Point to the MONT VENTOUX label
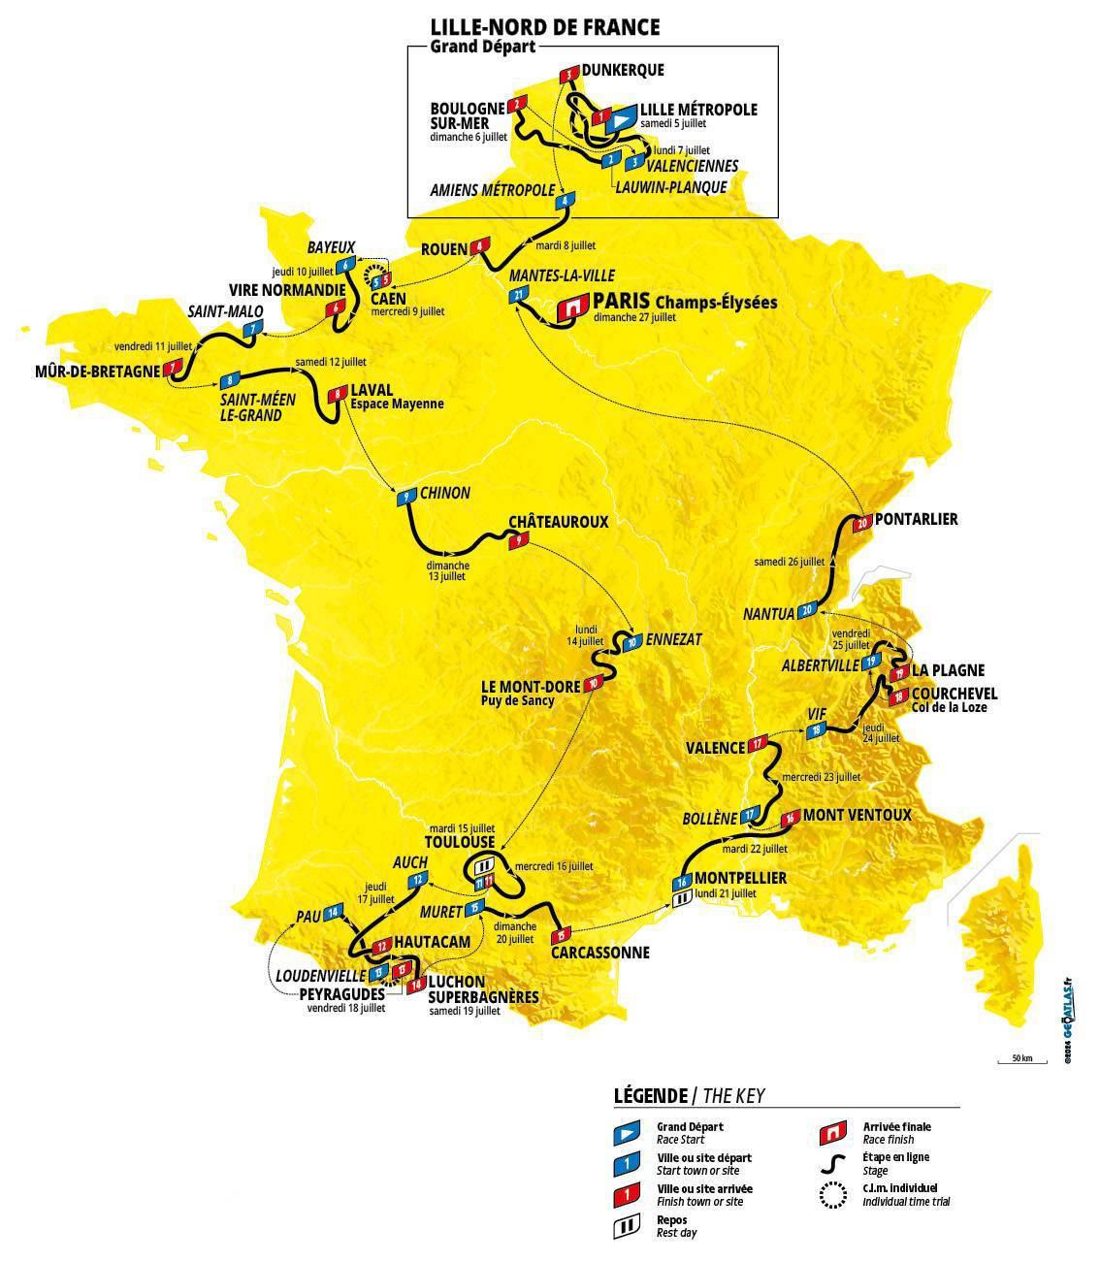pos(857,815)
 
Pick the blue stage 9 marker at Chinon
pos(404,498)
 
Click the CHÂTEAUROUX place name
pos(558,521)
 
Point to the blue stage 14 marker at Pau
pos(334,912)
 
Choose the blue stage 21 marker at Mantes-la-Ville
pos(520,295)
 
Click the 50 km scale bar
pos(1021,1064)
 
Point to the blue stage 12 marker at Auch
pos(417,880)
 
